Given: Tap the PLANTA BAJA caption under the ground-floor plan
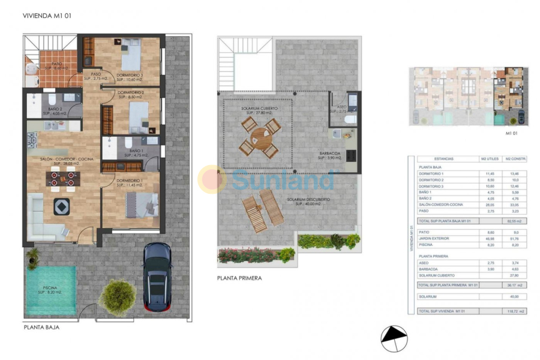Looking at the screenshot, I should pos(41,328).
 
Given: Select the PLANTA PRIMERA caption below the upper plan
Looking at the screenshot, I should pos(239,278).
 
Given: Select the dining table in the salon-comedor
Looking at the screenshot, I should pos(63,178).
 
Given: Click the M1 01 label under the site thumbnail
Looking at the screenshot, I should pos(512,133).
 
